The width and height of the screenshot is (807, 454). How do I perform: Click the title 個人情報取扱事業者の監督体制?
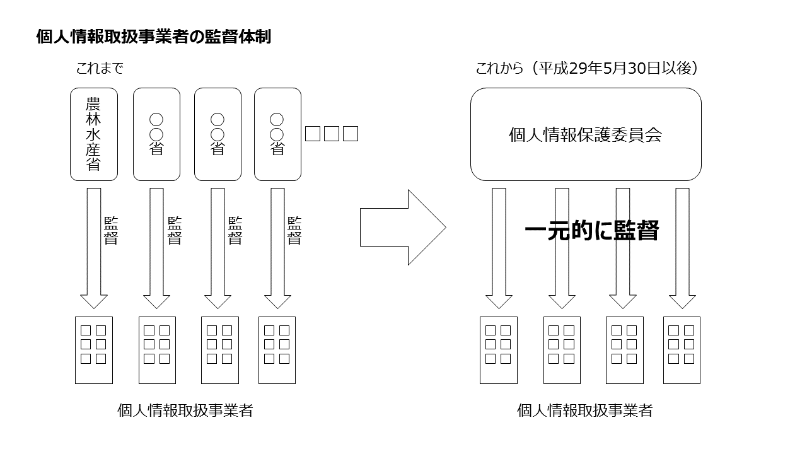coord(154,37)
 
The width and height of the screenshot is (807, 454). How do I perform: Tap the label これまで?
coord(99,69)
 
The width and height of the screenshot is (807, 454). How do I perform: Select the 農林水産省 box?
coord(94,134)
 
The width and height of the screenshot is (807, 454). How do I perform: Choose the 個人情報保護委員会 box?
coord(586,134)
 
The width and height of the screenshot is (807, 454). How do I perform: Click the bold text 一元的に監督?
coord(591,231)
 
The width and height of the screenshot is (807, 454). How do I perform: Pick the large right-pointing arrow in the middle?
coord(402,227)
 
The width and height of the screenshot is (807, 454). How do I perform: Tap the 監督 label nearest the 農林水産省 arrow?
coord(111,231)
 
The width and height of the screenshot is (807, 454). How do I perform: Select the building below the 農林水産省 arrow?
coord(94,350)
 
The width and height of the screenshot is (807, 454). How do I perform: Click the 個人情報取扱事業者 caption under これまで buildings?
coord(185,410)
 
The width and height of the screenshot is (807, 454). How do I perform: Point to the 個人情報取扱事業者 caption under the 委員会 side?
coord(584,410)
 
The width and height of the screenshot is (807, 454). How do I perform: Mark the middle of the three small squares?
coord(332,134)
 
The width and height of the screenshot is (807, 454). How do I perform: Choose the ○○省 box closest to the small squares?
coord(277,134)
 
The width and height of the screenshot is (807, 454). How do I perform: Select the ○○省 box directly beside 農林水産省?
coord(156,134)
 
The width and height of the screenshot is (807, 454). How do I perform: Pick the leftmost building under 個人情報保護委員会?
coord(499,350)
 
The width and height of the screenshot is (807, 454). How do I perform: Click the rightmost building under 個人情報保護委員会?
coord(682,350)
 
